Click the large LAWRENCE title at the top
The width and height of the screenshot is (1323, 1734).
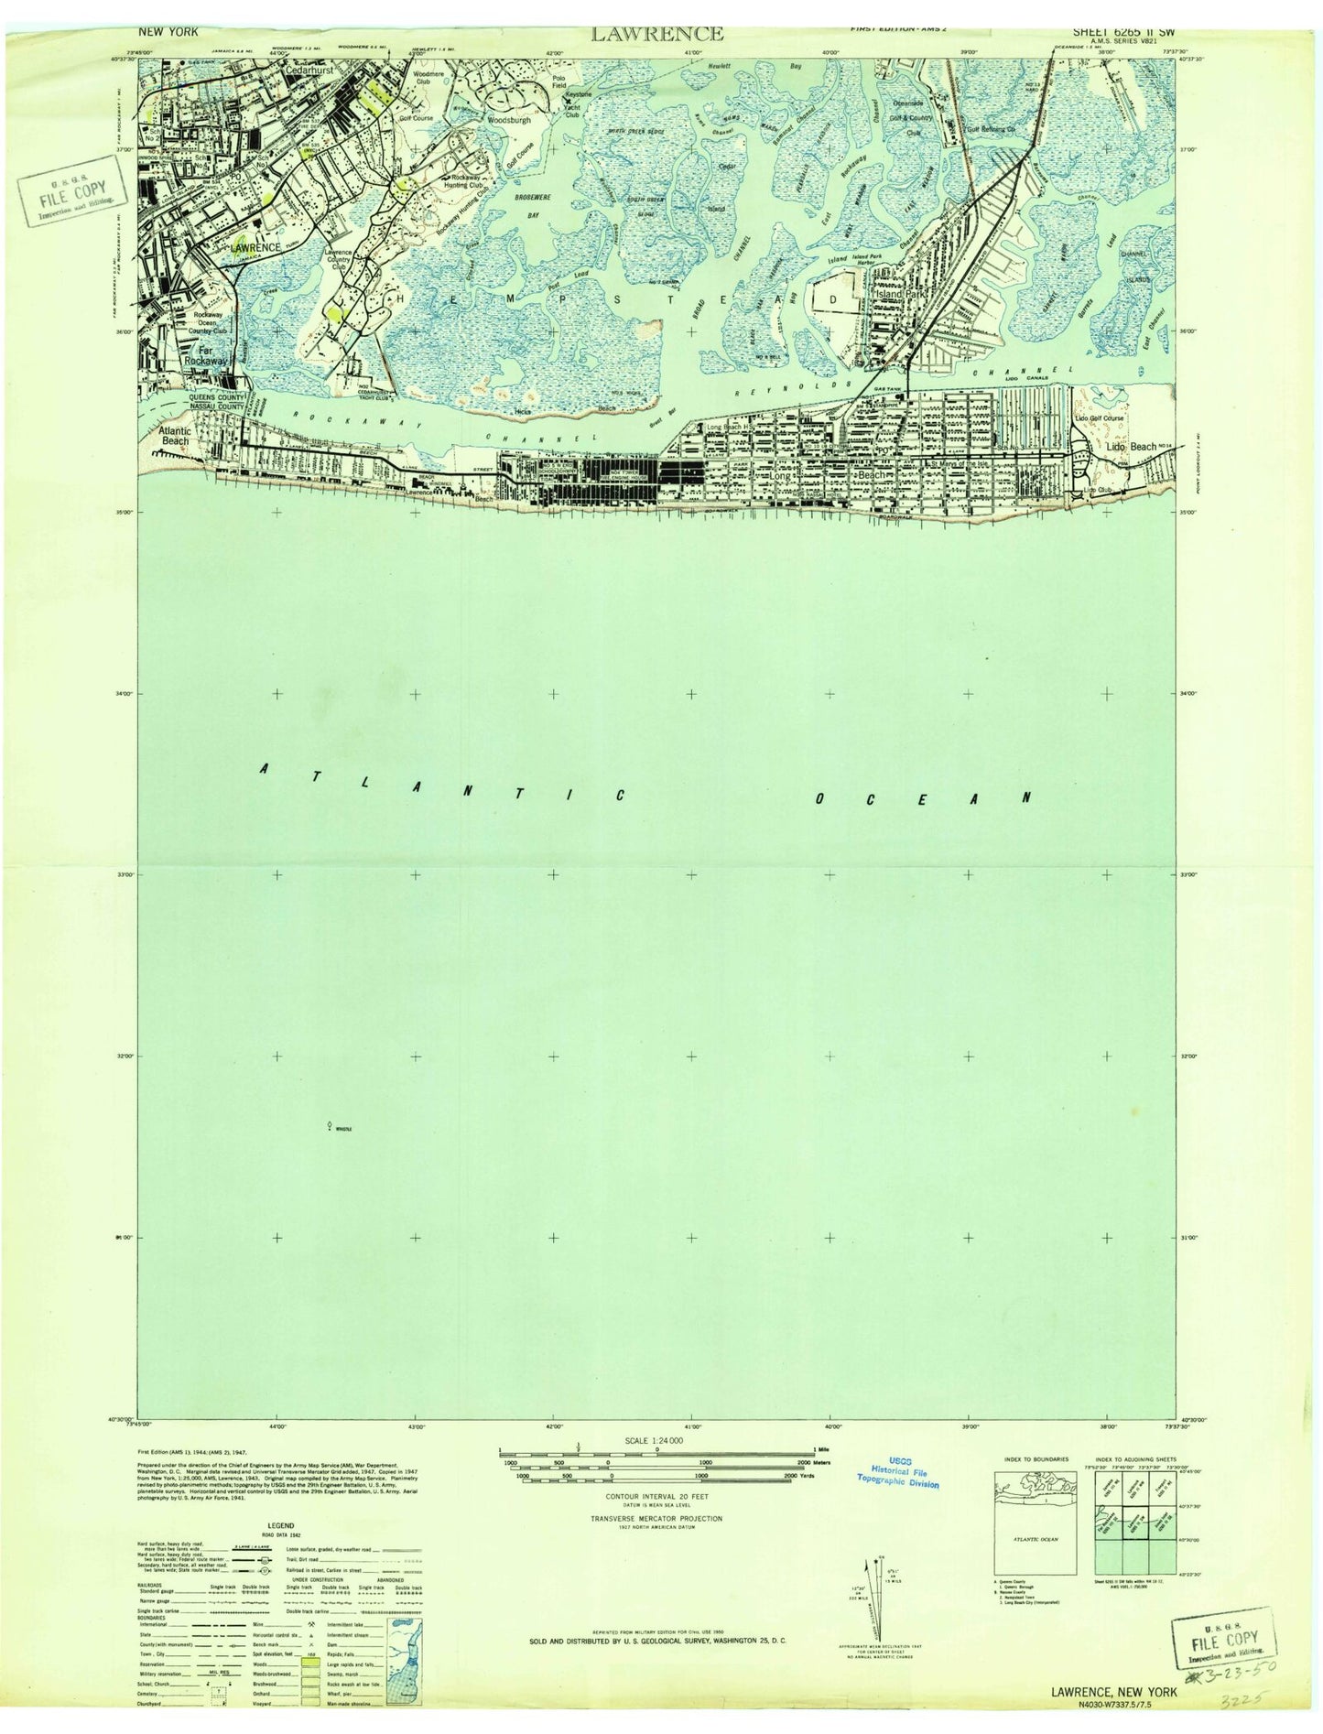pos(656,35)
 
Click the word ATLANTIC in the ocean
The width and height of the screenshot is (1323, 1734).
pos(442,784)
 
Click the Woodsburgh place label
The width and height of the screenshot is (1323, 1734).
pos(508,120)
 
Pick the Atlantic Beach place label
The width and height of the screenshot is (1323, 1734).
pos(175,435)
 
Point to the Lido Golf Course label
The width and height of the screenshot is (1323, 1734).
pos(1099,418)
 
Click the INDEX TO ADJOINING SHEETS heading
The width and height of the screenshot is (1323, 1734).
pos(1131,1458)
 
